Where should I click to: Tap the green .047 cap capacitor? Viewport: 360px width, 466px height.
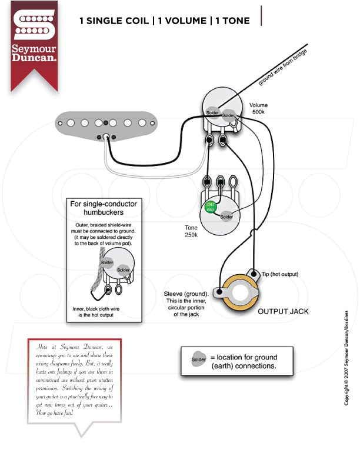[209, 207]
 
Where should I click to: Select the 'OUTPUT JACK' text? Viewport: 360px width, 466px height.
[283, 311]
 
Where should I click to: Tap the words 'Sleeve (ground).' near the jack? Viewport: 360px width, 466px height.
[186, 294]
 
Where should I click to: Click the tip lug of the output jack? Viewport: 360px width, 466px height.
[253, 273]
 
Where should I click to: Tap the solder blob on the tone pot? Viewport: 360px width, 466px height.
[226, 216]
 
